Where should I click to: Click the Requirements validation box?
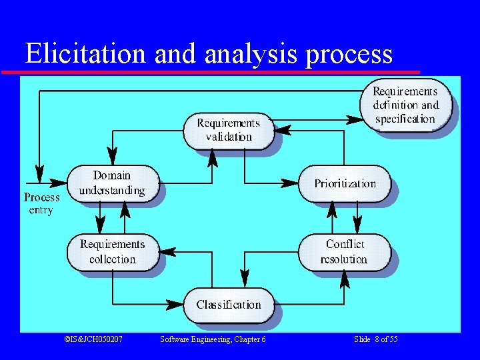pyautogui.click(x=229, y=131)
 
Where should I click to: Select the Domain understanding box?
pyautogui.click(x=113, y=183)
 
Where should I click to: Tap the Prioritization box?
pyautogui.click(x=345, y=183)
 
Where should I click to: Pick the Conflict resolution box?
pyautogui.click(x=344, y=252)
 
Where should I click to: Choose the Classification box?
pyautogui.click(x=229, y=305)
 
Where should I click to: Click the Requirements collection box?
pyautogui.click(x=113, y=252)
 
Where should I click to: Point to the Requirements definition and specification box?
pyautogui.click(x=405, y=105)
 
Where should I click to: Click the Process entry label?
pyautogui.click(x=41, y=203)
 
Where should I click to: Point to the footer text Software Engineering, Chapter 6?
pyautogui.click(x=213, y=339)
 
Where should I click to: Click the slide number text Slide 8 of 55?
pyautogui.click(x=376, y=339)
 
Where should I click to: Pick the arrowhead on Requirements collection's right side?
pyautogui.click(x=168, y=252)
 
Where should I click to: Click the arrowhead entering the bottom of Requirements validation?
pyautogui.click(x=213, y=157)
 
